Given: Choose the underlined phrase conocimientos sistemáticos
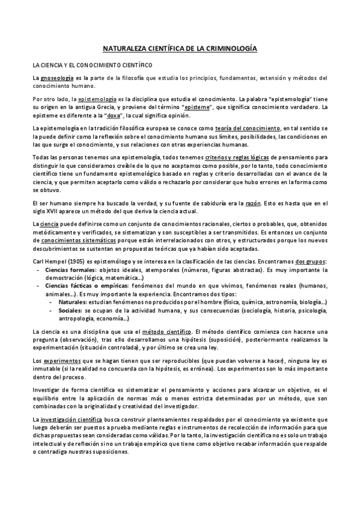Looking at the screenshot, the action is coord(67,240).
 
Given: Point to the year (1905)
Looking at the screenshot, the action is coord(80,262).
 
